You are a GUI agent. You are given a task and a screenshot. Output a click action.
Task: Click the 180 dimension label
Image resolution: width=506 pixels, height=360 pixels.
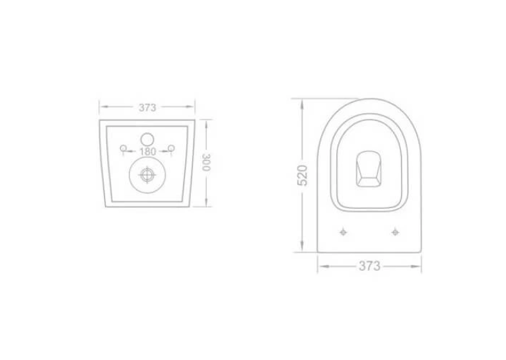[147, 151]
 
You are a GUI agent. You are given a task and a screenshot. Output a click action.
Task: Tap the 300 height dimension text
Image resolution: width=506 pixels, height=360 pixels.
[206, 162]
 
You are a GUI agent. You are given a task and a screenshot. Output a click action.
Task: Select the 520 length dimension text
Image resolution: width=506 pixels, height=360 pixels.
[303, 175]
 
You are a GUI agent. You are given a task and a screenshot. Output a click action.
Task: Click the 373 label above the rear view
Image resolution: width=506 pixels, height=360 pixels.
[147, 108]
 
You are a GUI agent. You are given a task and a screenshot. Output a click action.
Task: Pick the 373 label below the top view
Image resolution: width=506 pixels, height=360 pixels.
[369, 266]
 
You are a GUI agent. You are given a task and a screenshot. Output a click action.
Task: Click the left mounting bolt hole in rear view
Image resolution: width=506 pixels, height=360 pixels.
[123, 149]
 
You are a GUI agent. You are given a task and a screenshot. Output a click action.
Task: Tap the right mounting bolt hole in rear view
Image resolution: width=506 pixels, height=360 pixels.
[172, 148]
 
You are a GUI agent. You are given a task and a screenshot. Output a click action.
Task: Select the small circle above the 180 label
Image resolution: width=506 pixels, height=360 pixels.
[147, 139]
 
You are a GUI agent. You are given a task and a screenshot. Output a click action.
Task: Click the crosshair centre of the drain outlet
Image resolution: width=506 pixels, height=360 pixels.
[147, 175]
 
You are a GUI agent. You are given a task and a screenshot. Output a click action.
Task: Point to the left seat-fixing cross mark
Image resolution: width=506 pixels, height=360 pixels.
[343, 232]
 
